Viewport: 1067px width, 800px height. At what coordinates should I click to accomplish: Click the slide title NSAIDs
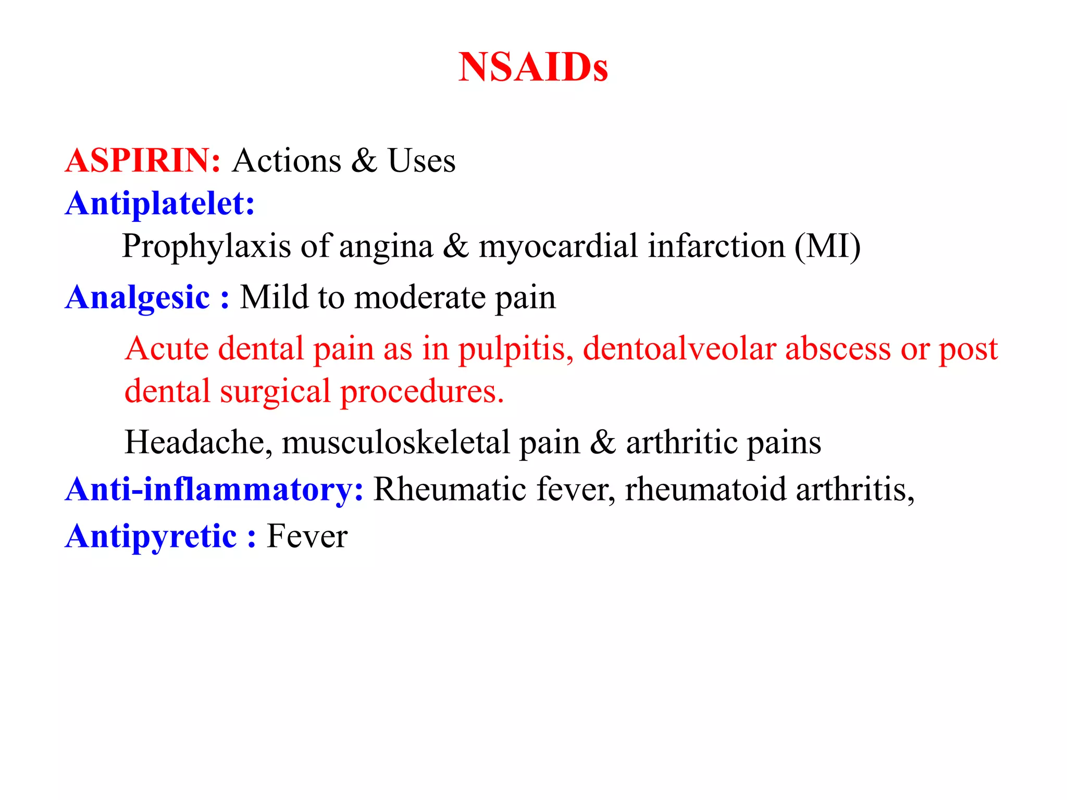coord(533,68)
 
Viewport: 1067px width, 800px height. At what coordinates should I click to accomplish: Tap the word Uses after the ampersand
coord(421,160)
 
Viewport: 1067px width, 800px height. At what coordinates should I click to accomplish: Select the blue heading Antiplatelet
coord(159,203)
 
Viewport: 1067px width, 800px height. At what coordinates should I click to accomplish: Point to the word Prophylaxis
coord(206,246)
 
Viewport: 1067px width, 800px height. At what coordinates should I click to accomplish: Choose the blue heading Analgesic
coord(138,298)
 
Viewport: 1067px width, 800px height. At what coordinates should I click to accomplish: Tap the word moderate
coord(419,298)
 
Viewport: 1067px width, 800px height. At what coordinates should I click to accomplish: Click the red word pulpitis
coord(515,349)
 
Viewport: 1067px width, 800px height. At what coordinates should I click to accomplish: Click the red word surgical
coord(275,392)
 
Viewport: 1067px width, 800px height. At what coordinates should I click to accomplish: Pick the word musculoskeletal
coord(395,443)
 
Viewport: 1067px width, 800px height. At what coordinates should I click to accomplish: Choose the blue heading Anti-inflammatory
coord(214,490)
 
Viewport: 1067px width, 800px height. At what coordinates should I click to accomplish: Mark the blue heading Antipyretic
coord(151,536)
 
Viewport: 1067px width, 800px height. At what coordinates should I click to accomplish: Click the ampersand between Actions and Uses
coord(364,160)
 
